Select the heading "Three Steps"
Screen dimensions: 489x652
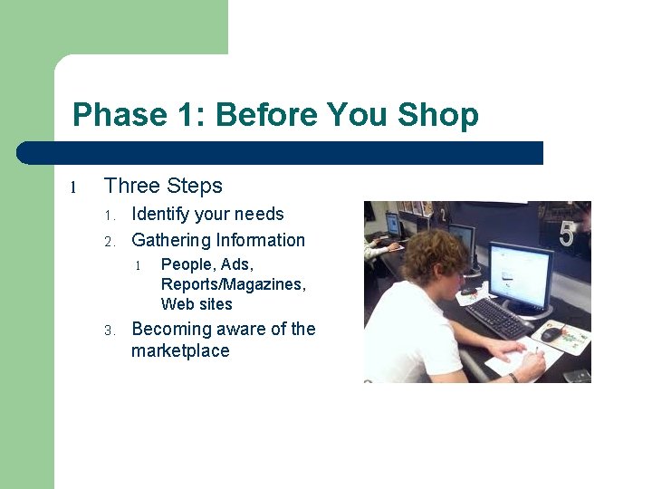tap(163, 187)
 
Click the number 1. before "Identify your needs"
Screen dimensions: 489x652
tap(108, 216)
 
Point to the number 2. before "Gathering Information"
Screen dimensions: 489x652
tap(108, 242)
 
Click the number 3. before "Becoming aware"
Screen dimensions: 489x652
tap(108, 331)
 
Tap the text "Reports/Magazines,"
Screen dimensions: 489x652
tap(234, 284)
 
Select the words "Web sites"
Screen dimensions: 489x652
tap(197, 304)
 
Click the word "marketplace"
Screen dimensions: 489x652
tap(180, 351)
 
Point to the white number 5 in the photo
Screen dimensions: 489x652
tap(566, 235)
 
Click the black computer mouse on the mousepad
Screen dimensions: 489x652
tap(551, 334)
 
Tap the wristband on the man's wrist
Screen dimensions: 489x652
tap(513, 376)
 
